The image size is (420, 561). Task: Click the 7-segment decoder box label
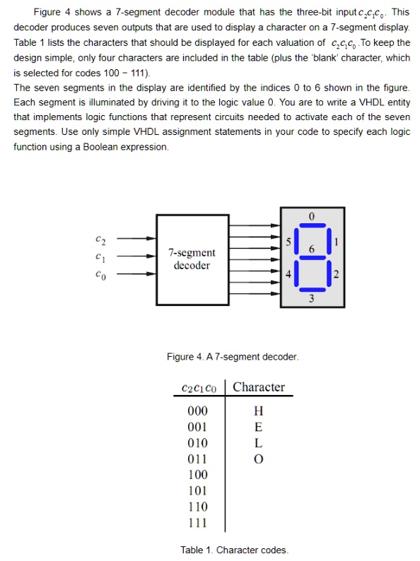point(192,259)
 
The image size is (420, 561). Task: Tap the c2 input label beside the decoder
point(100,240)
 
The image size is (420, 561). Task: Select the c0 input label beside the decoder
point(100,275)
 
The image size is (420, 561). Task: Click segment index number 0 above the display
point(312,216)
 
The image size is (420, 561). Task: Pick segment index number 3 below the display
point(311,298)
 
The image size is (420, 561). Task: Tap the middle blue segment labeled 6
point(313,258)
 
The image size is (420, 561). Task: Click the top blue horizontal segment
point(313,225)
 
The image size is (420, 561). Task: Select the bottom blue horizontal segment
point(313,290)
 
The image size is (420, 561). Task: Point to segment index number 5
point(288,242)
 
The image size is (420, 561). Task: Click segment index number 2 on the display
point(336,274)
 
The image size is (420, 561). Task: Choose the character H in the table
point(259,411)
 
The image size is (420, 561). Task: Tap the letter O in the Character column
point(259,459)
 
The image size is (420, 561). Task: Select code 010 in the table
point(198,443)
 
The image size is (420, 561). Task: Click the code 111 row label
point(198,523)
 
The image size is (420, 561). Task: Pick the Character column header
point(259,387)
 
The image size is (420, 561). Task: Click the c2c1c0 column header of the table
point(199,388)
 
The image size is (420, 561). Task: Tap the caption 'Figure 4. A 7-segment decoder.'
point(233,357)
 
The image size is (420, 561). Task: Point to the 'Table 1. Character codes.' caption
point(234,550)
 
